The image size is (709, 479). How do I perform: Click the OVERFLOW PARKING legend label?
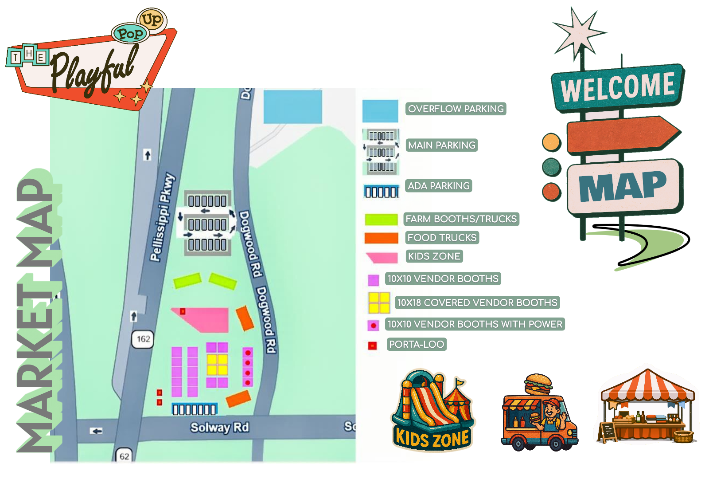(x=456, y=109)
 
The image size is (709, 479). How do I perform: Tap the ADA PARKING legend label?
(x=438, y=186)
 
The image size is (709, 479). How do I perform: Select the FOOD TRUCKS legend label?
(x=442, y=238)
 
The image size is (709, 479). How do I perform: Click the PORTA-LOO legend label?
(x=416, y=344)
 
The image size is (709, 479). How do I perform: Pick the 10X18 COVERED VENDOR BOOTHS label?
(x=477, y=302)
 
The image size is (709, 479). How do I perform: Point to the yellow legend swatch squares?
(x=379, y=303)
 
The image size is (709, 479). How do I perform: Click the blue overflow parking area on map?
(x=292, y=106)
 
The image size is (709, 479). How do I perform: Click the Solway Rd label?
(x=219, y=427)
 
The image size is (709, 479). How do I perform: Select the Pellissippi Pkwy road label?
(x=162, y=217)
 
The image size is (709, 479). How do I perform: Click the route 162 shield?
(x=143, y=339)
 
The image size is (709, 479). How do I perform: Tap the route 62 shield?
(x=125, y=456)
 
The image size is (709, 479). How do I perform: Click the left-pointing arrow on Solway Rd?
(x=96, y=431)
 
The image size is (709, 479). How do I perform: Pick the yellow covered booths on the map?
(x=217, y=364)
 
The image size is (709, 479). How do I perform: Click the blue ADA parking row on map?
(x=194, y=409)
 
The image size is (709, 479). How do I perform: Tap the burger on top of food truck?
(x=538, y=384)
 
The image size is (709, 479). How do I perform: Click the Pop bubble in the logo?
(x=129, y=34)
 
